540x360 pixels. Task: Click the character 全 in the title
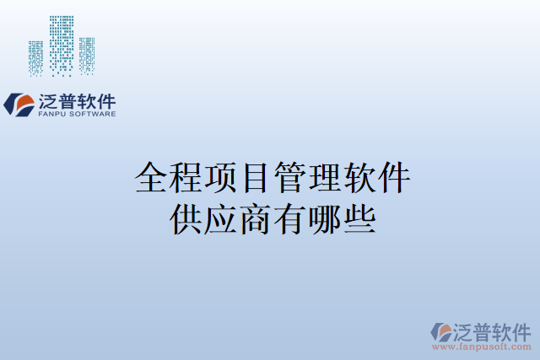pos(152,179)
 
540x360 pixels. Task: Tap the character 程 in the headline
pos(186,179)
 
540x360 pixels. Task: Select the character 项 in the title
pos(221,179)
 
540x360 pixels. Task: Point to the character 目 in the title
pos(256,179)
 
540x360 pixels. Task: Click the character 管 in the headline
pos(290,179)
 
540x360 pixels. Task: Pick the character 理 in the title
pos(325,179)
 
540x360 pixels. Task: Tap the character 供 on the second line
pos(186,217)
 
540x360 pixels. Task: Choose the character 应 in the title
pos(221,217)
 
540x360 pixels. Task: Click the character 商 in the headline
pos(256,217)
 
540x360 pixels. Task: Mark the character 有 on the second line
pos(290,217)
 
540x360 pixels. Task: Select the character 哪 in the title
pos(325,217)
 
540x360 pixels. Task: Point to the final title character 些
pos(359,217)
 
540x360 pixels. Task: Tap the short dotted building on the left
pos(35,57)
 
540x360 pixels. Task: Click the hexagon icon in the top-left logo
pos(20,104)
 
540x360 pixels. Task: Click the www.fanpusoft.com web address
pos(482,346)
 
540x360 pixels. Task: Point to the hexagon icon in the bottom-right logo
pos(440,331)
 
